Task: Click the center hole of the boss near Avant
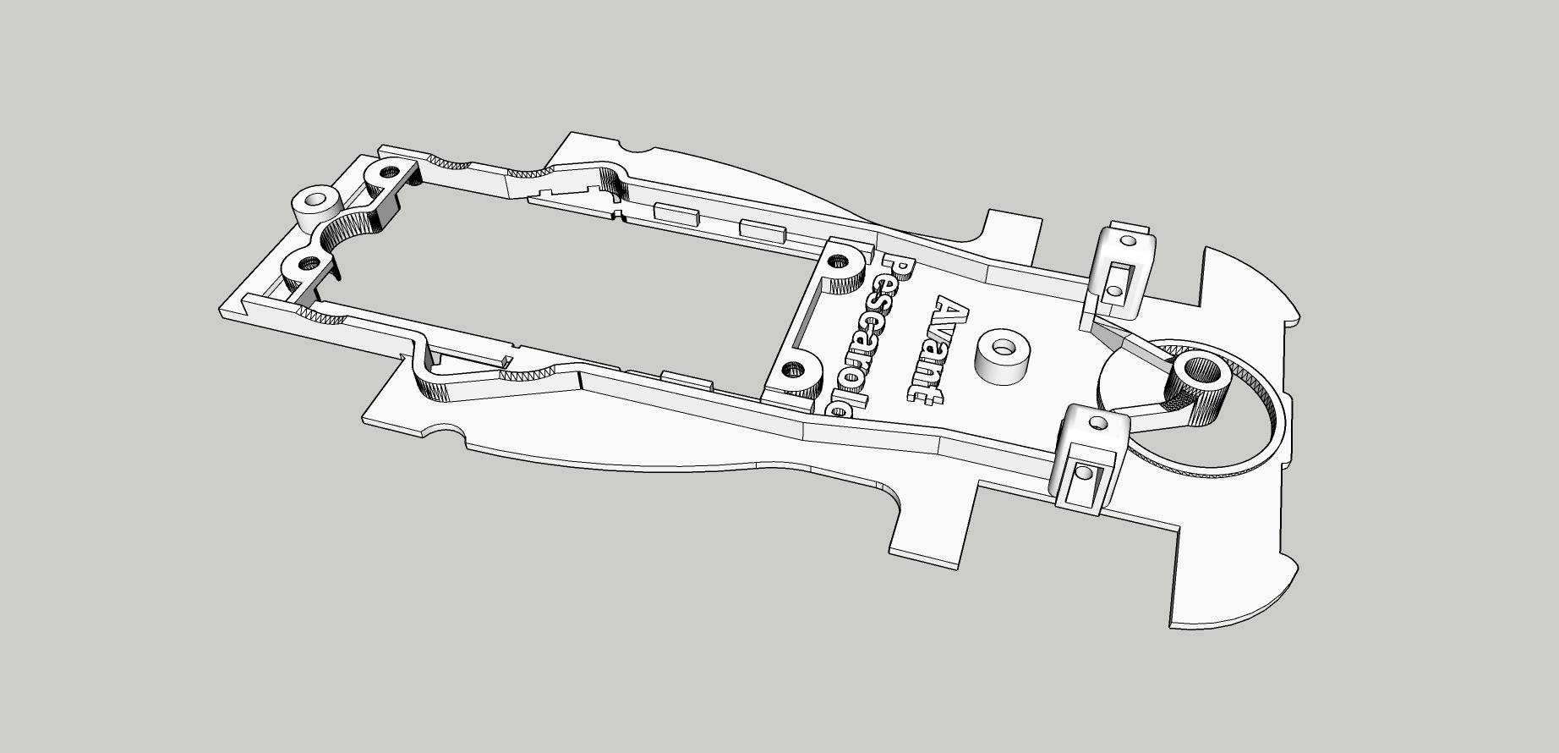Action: [1004, 348]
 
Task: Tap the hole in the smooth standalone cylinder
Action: [317, 201]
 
